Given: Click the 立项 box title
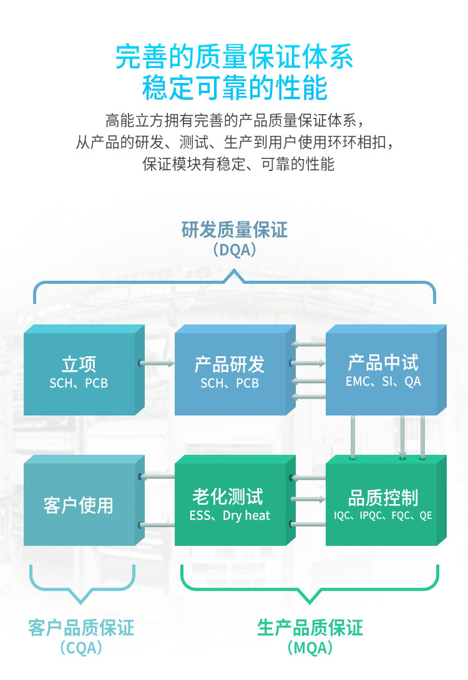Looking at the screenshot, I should [x=79, y=364].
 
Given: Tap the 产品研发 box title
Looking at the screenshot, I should [x=230, y=364].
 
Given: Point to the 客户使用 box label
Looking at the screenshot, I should [x=79, y=505].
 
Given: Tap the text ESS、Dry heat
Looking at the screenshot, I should [x=230, y=516].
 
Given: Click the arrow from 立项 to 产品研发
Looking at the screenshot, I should [x=156, y=362].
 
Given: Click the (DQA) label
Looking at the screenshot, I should [x=235, y=250].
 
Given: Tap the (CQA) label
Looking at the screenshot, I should [x=81, y=648].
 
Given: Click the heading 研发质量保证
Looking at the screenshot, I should [x=235, y=230].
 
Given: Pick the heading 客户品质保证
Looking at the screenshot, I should [x=81, y=627].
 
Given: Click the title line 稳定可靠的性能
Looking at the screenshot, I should [x=235, y=88].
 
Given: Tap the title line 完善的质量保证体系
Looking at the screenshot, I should [x=235, y=57].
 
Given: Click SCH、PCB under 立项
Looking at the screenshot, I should [x=79, y=383].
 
